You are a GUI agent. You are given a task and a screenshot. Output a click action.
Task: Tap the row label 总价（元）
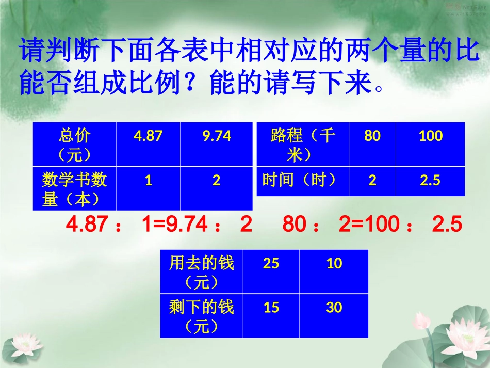(x=75, y=145)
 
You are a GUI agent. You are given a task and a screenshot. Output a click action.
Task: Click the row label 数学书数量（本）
(x=75, y=189)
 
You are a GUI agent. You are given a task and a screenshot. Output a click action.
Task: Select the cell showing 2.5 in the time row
(x=430, y=181)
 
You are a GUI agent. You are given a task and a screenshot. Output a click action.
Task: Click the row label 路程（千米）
(x=303, y=145)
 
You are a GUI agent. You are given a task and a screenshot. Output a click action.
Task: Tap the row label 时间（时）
(x=303, y=181)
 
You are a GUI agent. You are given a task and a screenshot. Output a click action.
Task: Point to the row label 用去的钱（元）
(x=202, y=272)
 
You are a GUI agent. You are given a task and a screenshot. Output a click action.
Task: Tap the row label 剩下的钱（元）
(x=202, y=316)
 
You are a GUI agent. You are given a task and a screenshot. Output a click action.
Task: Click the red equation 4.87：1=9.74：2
(x=159, y=225)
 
